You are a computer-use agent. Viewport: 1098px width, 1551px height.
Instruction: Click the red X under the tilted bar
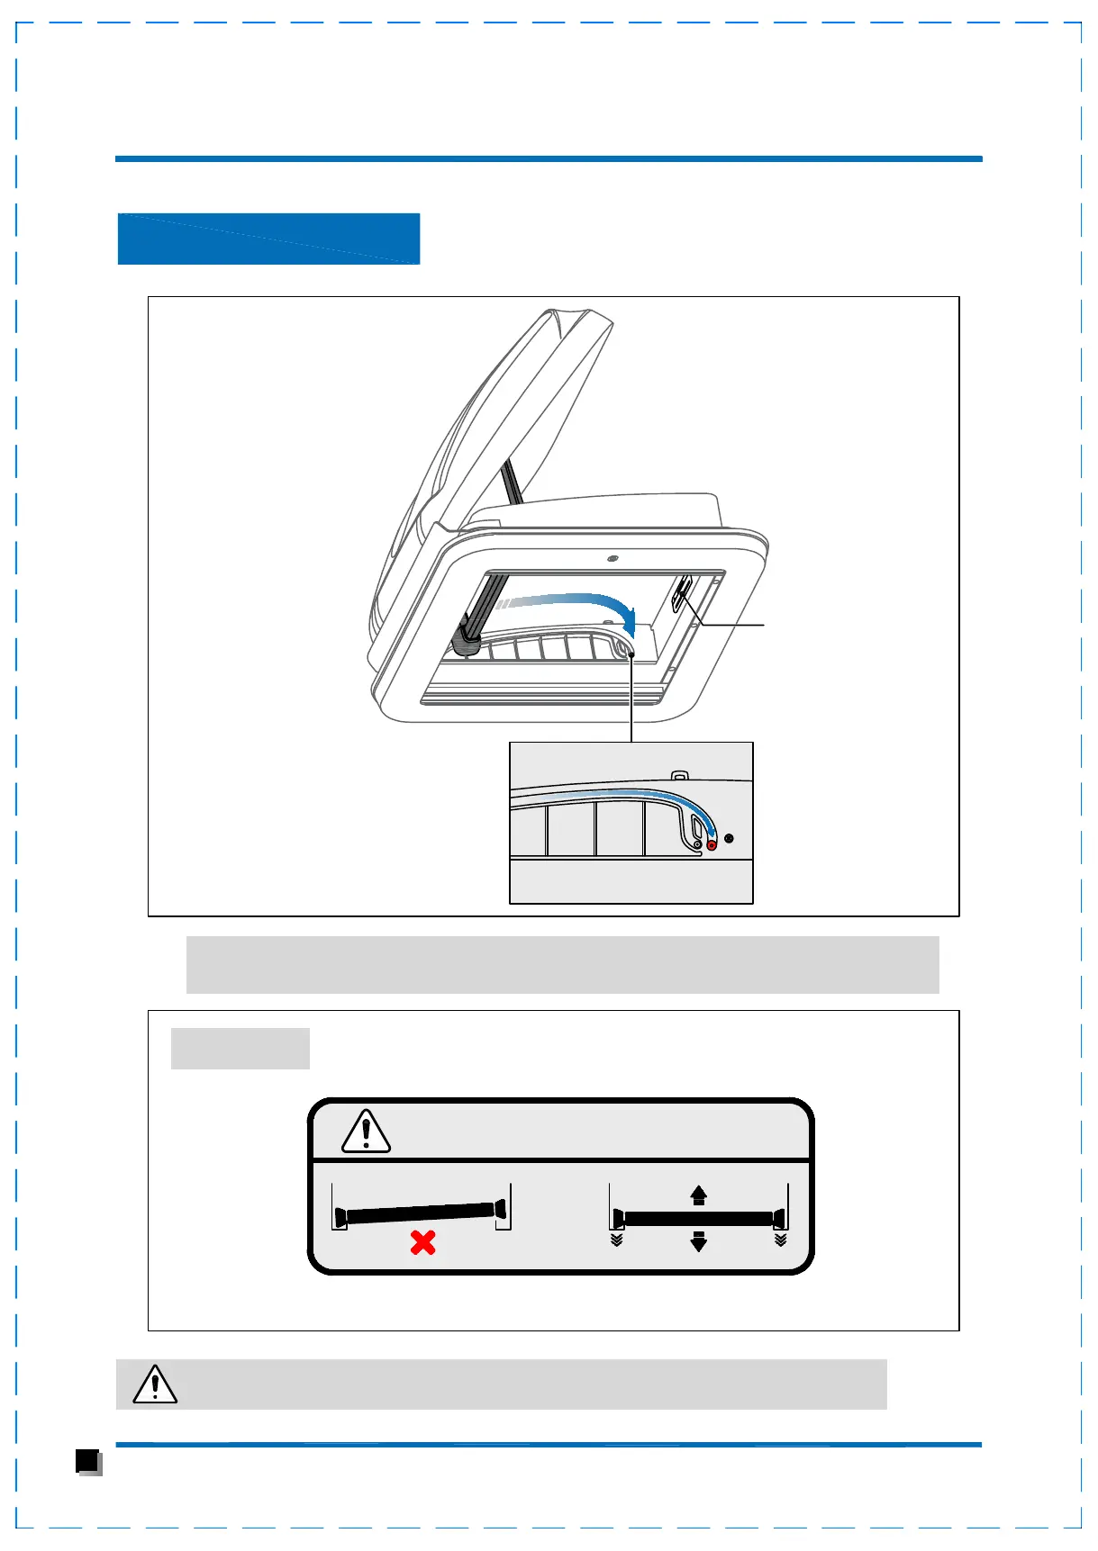pos(422,1243)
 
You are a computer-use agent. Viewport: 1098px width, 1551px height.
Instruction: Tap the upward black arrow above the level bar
pos(698,1195)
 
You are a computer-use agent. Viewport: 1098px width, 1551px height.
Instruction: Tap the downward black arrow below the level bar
pos(698,1241)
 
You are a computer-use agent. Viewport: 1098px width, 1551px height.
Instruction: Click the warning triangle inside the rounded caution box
pos(366,1132)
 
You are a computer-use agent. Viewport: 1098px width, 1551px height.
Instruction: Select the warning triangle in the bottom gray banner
pos(155,1384)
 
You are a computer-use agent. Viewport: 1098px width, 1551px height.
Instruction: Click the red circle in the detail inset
pos(712,844)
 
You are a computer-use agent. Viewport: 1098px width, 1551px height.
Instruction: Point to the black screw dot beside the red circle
pos(729,839)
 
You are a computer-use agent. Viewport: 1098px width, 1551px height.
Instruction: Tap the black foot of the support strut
pos(467,640)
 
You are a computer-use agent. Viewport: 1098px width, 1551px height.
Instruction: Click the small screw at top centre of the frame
pos(613,559)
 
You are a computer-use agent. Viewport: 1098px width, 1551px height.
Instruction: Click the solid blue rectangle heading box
pos(268,239)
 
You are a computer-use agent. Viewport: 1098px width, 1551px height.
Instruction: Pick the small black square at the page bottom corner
pos(87,1460)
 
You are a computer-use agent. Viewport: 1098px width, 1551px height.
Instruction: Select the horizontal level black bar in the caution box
pos(698,1218)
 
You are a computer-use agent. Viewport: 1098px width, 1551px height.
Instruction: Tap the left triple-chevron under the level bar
pos(616,1240)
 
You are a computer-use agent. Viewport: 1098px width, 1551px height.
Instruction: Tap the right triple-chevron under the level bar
pos(780,1240)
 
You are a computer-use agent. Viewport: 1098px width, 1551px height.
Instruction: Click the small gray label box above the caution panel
pos(240,1049)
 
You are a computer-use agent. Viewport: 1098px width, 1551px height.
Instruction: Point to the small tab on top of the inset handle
pos(680,775)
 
